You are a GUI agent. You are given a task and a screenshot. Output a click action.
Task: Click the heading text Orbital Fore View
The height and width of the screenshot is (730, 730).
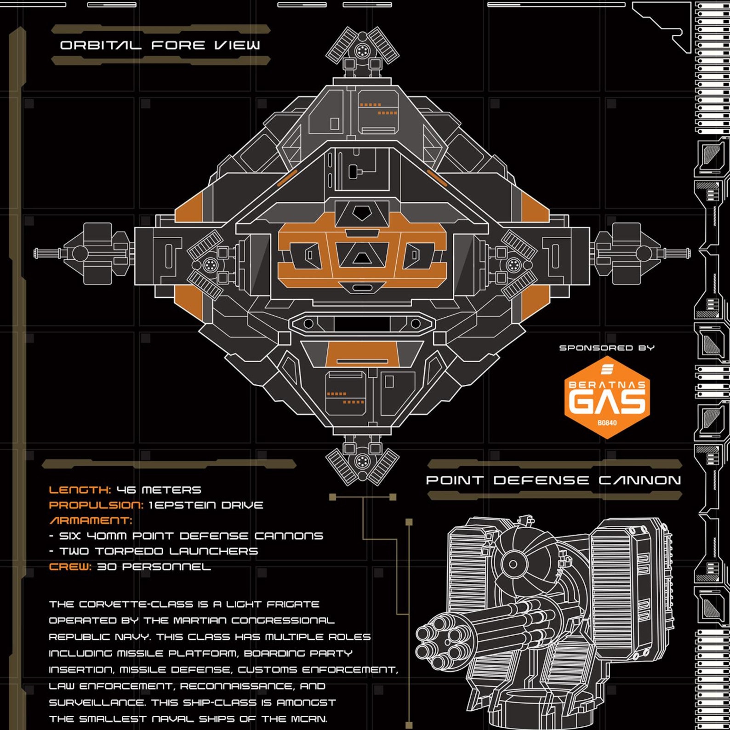[160, 45]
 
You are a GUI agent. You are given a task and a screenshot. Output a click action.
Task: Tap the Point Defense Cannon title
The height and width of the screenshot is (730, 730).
[553, 480]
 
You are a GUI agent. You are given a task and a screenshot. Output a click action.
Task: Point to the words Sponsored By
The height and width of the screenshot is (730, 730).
[607, 348]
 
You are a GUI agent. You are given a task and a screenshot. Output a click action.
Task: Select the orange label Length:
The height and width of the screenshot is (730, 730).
[80, 490]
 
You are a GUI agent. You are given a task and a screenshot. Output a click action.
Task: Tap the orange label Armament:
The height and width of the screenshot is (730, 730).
[91, 520]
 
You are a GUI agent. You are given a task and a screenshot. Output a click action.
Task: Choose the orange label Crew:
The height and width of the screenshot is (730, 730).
[70, 567]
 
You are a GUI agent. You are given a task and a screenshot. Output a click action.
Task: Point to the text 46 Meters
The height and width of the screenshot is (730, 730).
[159, 490]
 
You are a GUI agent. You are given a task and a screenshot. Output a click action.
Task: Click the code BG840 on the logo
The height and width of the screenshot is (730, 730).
[607, 423]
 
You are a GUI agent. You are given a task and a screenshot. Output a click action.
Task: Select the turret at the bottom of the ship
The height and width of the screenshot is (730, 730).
[362, 460]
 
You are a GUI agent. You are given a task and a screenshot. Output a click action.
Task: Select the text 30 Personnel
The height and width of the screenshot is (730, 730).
[154, 567]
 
